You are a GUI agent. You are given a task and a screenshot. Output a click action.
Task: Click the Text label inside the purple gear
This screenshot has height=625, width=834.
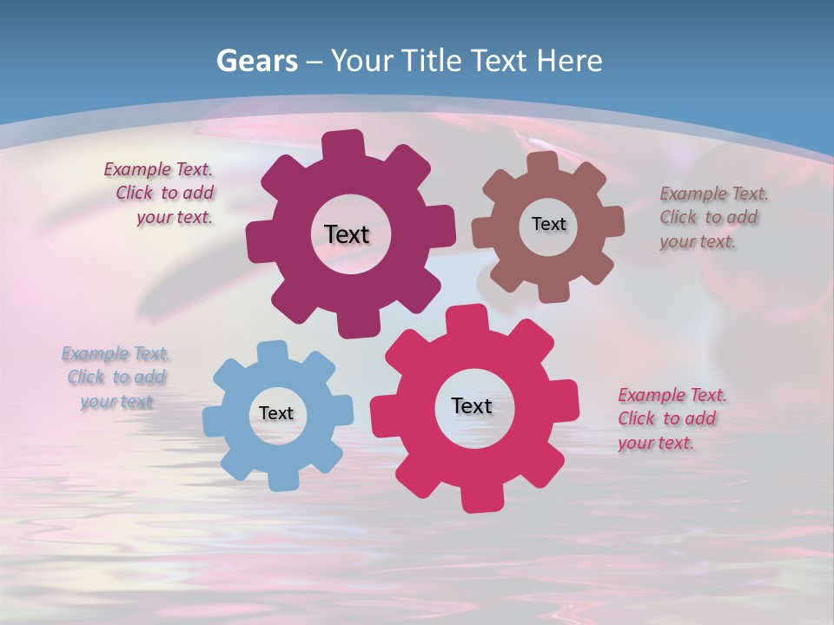(x=347, y=234)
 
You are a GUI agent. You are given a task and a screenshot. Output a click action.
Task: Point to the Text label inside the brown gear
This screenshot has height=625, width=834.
(x=548, y=224)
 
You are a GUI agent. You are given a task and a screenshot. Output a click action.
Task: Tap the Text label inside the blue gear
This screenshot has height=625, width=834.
(x=276, y=413)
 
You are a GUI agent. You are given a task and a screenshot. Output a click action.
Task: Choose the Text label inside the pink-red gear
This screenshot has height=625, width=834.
(x=472, y=405)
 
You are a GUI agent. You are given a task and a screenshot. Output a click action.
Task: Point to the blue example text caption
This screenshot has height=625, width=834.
(x=116, y=378)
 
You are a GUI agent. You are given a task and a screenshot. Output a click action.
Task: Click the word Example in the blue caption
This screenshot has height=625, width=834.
(x=94, y=354)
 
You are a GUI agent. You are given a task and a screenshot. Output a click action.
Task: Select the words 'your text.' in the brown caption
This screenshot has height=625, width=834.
(x=698, y=242)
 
